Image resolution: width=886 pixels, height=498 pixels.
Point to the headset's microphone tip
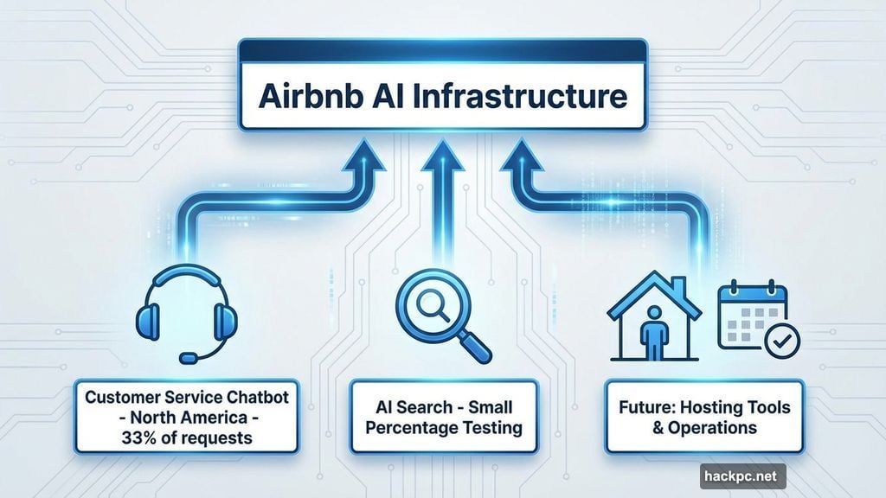point(186,356)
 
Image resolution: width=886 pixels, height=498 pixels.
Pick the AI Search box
point(442,416)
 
